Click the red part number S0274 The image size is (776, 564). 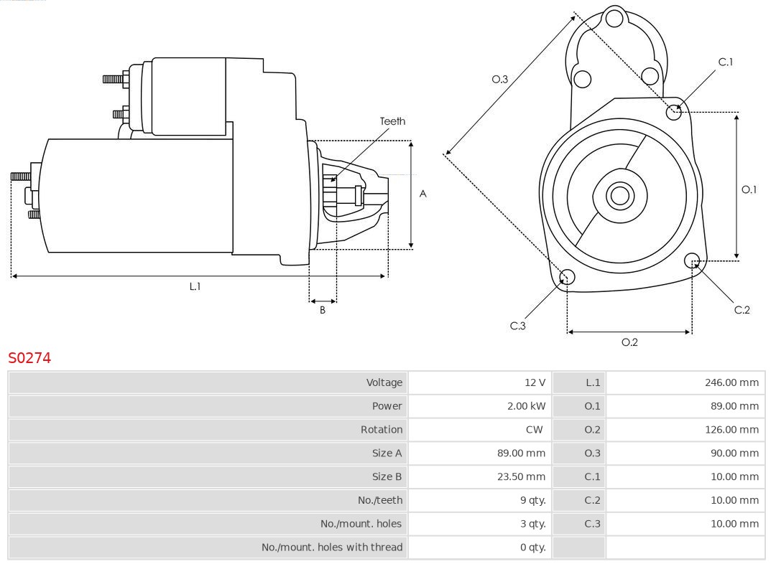(29, 357)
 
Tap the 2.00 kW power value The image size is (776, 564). (526, 406)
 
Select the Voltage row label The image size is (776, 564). (384, 382)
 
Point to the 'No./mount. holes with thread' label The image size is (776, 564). (332, 547)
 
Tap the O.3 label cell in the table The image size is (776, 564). (592, 453)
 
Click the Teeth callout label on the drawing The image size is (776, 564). (392, 121)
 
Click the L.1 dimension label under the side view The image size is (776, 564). (195, 286)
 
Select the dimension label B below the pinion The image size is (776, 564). (323, 311)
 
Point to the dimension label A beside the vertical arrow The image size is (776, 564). (422, 194)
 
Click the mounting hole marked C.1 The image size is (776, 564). (674, 112)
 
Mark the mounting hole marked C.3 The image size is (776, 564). (567, 278)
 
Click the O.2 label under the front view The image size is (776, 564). (629, 342)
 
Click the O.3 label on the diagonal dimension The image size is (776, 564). (499, 80)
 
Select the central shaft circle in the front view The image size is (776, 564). (618, 195)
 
